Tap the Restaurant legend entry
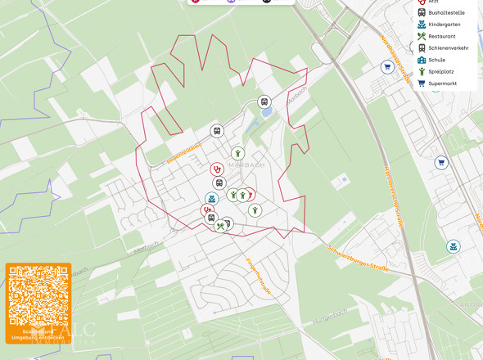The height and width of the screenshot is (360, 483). [441, 36]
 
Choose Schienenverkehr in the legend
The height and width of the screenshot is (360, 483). [448, 48]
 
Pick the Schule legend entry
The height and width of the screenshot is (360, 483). [436, 60]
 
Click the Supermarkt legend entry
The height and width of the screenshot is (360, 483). [442, 83]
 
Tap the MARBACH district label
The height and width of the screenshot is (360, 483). [247, 164]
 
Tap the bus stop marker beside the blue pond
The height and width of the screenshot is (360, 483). [264, 102]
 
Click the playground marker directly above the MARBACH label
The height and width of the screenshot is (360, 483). [237, 153]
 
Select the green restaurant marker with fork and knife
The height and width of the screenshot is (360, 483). [220, 227]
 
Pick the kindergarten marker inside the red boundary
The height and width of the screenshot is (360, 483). [212, 198]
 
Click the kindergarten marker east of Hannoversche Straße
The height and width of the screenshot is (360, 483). [453, 246]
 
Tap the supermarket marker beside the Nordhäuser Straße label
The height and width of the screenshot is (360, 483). [388, 68]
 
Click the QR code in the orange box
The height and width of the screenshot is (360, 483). [38, 299]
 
